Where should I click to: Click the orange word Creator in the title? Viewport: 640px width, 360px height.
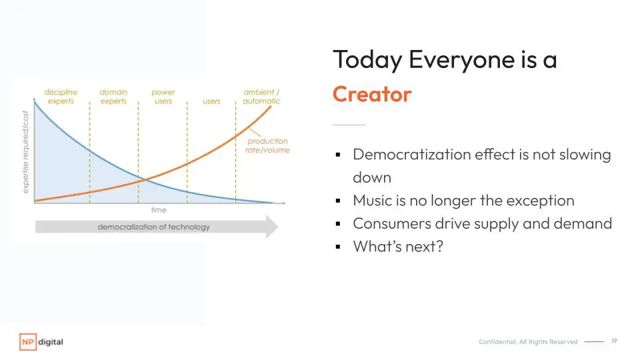(372, 94)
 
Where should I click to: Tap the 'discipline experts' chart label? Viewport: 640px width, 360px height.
(61, 97)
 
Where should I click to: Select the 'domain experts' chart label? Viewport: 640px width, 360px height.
(113, 97)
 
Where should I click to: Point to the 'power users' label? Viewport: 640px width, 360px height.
(163, 97)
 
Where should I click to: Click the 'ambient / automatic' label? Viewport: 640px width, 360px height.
(261, 97)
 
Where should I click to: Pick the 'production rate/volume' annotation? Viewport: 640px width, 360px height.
(267, 145)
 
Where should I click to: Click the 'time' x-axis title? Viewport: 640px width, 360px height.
(159, 210)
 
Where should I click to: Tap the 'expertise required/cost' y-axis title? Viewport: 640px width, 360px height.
(26, 152)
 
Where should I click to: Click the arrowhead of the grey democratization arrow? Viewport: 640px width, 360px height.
(272, 227)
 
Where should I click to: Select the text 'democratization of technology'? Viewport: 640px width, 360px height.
(153, 227)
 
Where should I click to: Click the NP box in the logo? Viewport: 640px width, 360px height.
(28, 342)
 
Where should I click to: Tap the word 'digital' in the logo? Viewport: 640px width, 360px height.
(51, 342)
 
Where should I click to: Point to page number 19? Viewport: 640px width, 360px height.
(614, 341)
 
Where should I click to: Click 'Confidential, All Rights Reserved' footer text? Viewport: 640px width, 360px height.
(528, 341)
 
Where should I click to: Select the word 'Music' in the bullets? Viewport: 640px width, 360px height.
(371, 201)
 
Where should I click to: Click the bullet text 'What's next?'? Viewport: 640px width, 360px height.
(398, 247)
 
